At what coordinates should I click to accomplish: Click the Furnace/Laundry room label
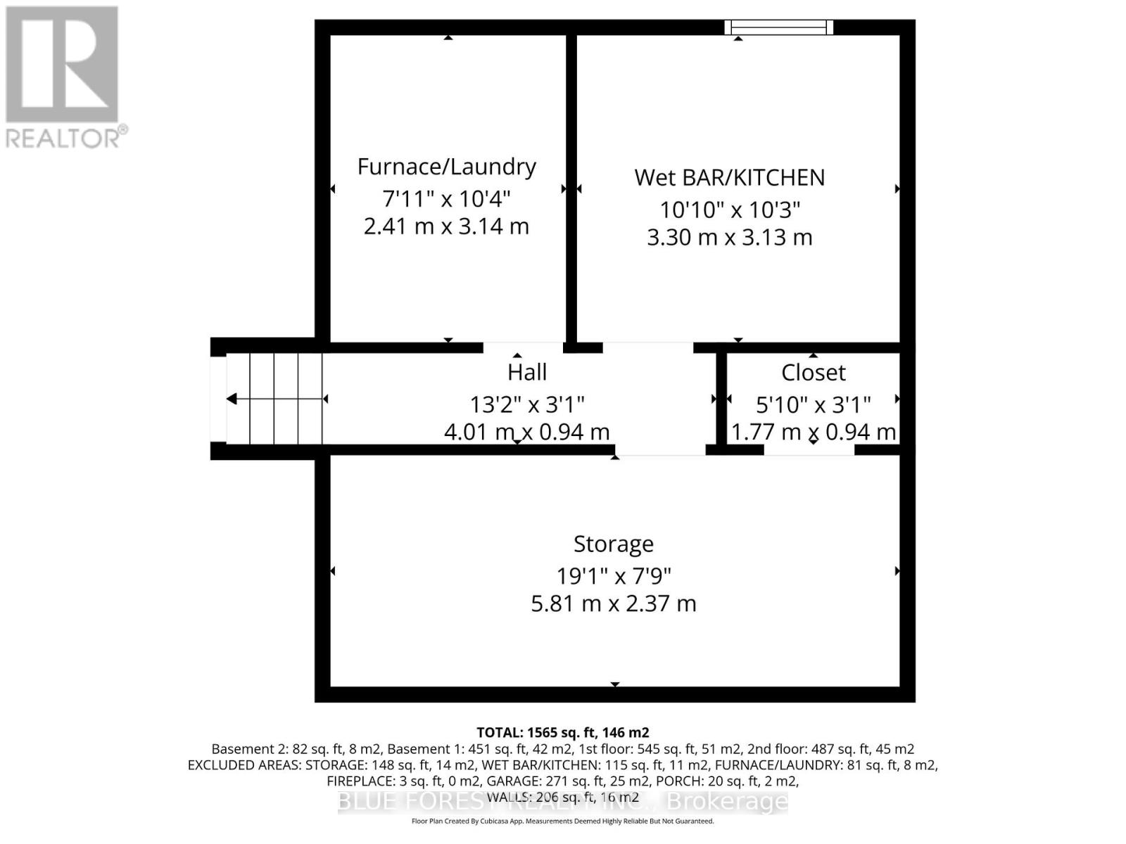(x=446, y=167)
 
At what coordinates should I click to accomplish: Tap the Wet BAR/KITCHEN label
(x=729, y=177)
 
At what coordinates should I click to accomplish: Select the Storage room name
(x=613, y=544)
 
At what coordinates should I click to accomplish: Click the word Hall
(x=527, y=372)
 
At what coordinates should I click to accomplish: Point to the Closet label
(x=813, y=372)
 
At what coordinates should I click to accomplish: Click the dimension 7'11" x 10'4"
(x=446, y=198)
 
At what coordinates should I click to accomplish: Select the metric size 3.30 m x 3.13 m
(x=729, y=238)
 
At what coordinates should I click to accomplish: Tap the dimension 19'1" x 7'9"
(x=613, y=576)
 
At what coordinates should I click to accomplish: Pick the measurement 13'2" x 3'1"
(x=527, y=404)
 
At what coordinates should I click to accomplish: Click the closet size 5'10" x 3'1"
(x=813, y=404)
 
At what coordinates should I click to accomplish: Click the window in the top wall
(x=778, y=27)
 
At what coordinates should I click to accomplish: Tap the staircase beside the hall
(x=274, y=399)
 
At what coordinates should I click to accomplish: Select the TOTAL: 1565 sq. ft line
(x=562, y=732)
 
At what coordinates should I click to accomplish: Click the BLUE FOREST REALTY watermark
(x=562, y=801)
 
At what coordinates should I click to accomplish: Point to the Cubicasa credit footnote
(x=562, y=821)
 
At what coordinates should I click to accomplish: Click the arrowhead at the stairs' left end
(x=232, y=399)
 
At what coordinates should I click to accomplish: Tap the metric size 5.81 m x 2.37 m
(x=613, y=603)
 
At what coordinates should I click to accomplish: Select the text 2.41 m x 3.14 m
(x=446, y=226)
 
